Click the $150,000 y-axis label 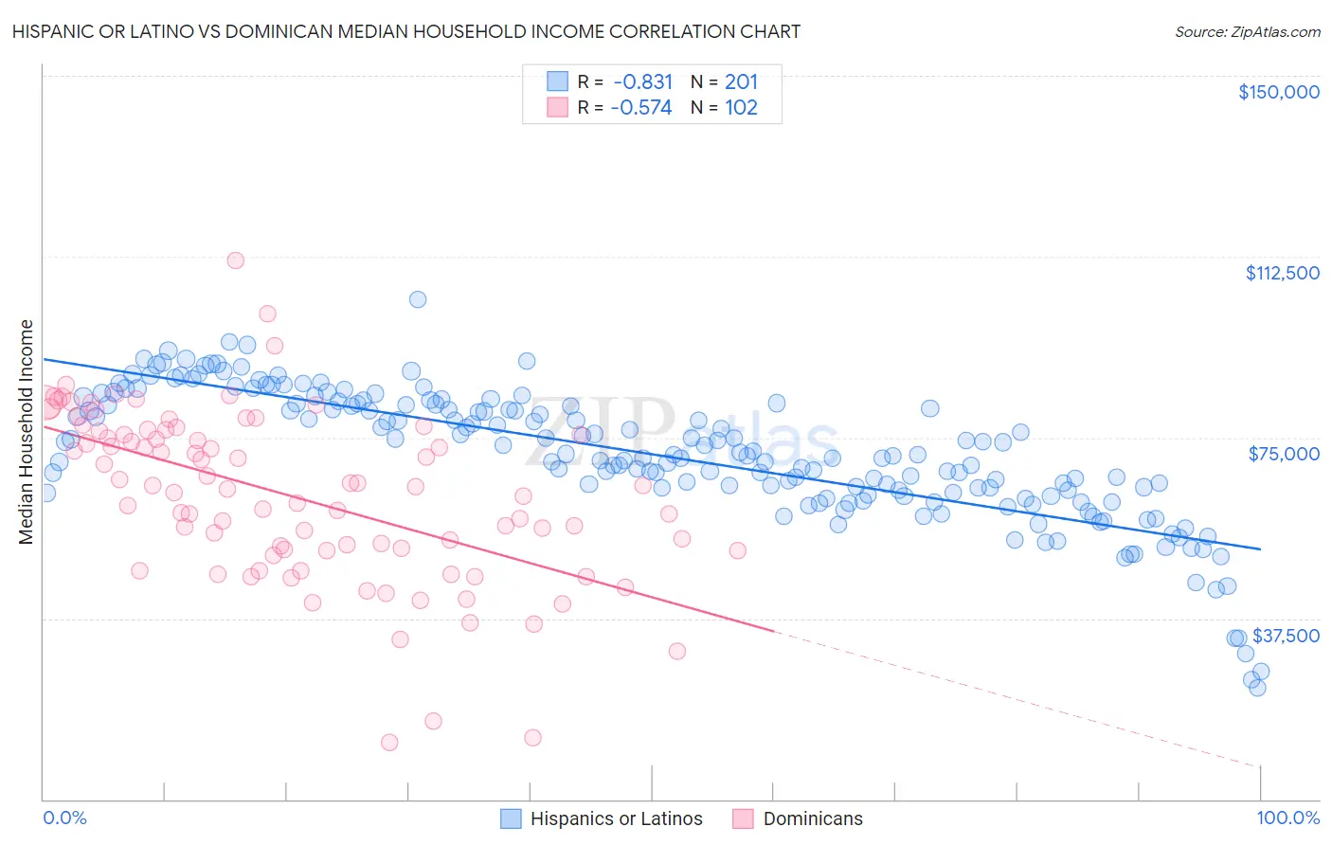1278,92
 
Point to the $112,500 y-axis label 1282,273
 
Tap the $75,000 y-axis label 1284,454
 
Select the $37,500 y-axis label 1286,636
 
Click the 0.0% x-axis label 64,818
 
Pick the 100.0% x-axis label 1287,818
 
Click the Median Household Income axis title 27,432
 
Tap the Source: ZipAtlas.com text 1247,31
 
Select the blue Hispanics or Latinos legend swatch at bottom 511,818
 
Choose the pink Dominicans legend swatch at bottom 744,818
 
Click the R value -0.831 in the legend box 642,82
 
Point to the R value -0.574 641,108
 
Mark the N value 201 741,82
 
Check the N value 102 741,108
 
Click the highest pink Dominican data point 236,261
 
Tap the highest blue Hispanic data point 418,299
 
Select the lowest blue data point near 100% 1257,688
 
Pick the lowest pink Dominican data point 389,743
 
